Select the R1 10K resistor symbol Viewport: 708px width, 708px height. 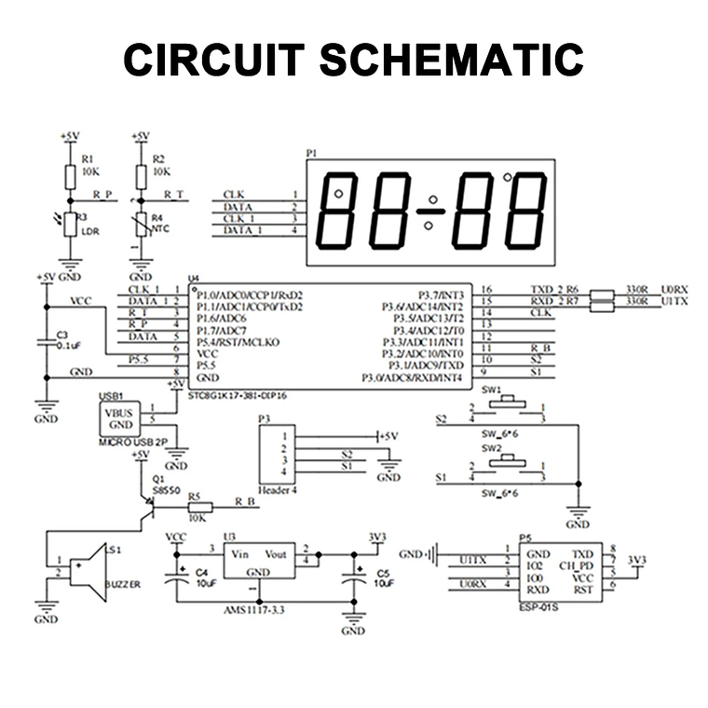point(68,175)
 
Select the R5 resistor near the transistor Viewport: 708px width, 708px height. point(197,507)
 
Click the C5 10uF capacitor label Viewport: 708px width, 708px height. point(383,578)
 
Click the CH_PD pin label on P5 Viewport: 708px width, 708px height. point(575,565)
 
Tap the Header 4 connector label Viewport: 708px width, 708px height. point(279,488)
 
